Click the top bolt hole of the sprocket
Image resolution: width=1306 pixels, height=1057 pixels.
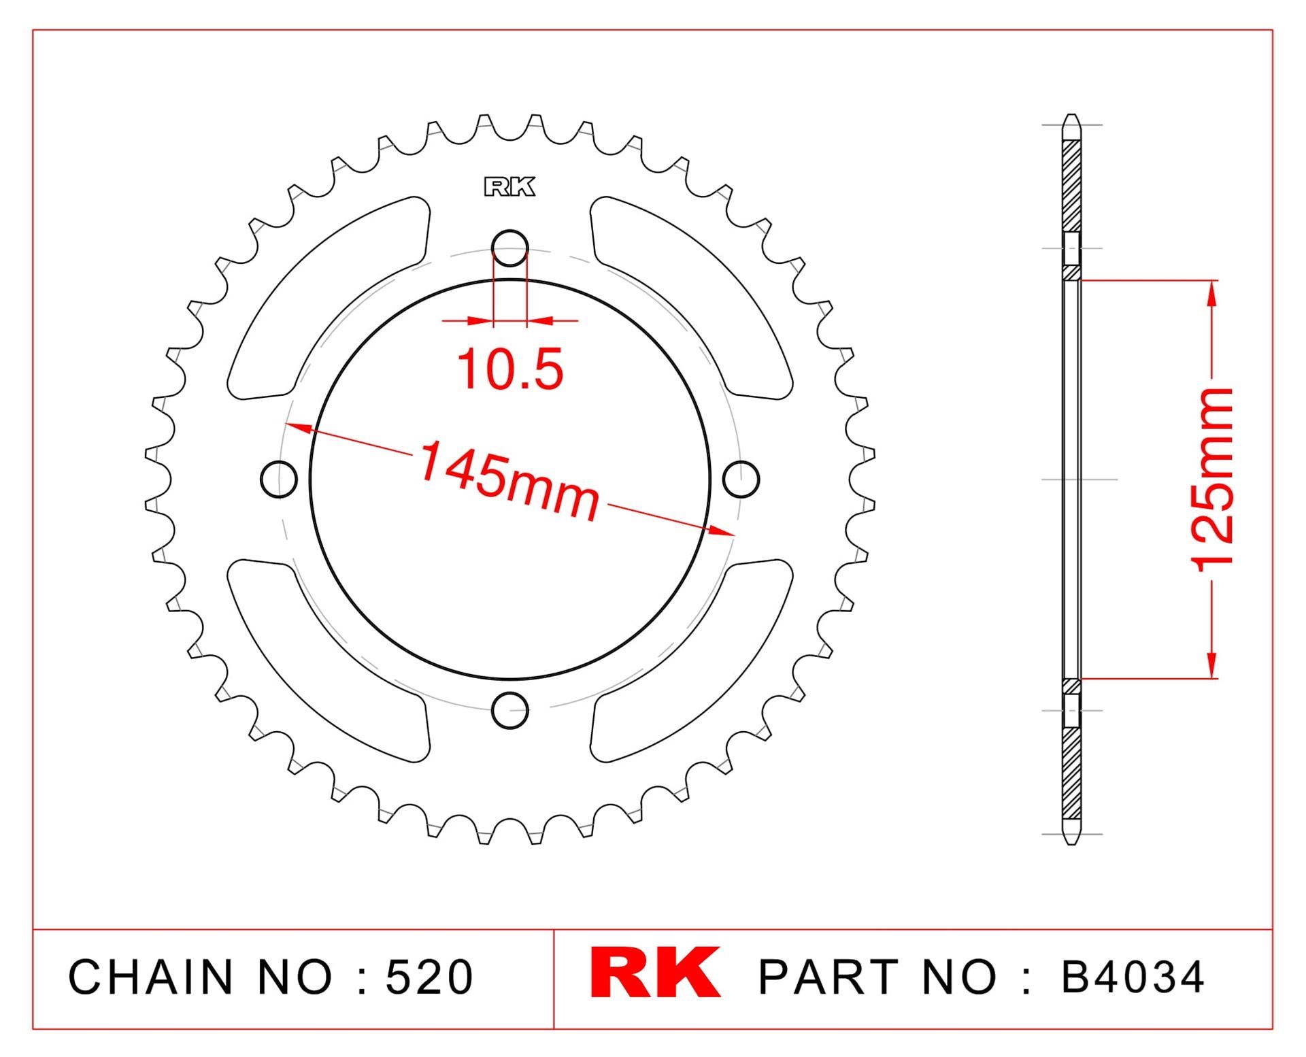pos(509,248)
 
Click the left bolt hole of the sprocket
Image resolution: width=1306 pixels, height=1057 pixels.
pos(279,480)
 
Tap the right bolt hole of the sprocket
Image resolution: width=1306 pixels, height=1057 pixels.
pos(741,480)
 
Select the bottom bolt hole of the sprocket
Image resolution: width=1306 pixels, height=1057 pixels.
pos(509,710)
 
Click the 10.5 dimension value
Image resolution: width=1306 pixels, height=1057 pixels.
pos(510,369)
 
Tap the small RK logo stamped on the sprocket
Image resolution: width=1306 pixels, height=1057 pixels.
pos(509,187)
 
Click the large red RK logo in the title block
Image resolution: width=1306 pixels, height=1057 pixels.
pos(654,973)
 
